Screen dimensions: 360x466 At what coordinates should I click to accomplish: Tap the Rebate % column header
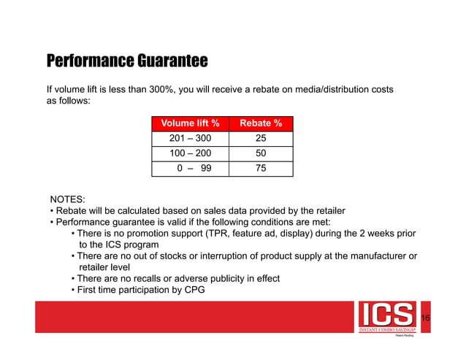(x=261, y=123)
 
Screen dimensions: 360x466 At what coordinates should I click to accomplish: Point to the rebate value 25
(x=261, y=139)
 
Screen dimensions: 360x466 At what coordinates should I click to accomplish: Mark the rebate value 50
(x=261, y=154)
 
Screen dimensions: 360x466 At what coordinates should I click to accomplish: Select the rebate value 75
(x=261, y=169)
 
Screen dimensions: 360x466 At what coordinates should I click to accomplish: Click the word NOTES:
(x=67, y=199)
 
